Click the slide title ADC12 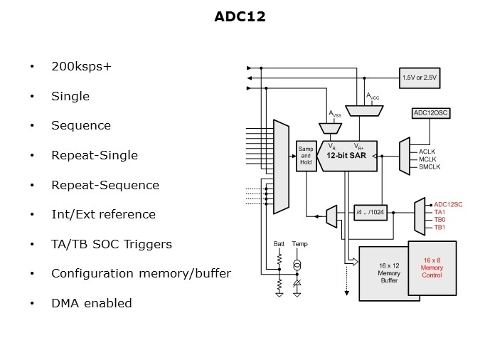pos(240,16)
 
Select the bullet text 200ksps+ pos(81,67)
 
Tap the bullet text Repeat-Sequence pos(105,185)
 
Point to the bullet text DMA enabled pos(91,303)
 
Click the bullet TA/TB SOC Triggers pos(111,244)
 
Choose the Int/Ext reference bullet pos(102,214)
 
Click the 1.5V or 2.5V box pos(420,78)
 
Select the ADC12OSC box pos(431,113)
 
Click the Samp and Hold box pos(305,157)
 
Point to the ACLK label pos(427,152)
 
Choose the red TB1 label pos(439,228)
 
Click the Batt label pos(279,244)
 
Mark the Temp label pos(299,244)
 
